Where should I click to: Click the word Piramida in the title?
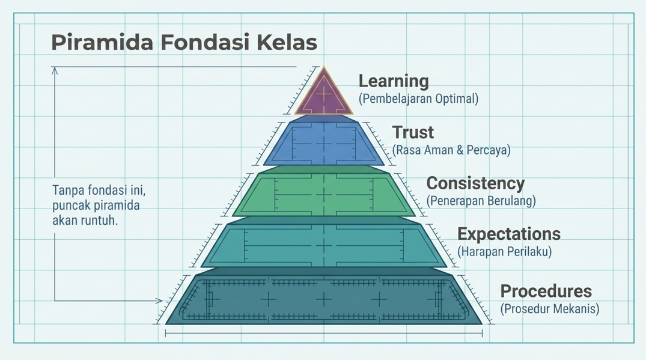pyautogui.click(x=102, y=43)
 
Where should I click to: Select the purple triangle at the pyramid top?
pyautogui.click(x=324, y=93)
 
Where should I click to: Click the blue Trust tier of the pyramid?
pyautogui.click(x=324, y=142)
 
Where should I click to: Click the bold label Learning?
pyautogui.click(x=394, y=81)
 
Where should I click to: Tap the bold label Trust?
pyautogui.click(x=413, y=132)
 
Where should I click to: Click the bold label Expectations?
pyautogui.click(x=509, y=234)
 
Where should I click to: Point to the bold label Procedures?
pyautogui.click(x=546, y=291)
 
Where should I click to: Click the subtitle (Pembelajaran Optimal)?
pyautogui.click(x=419, y=99)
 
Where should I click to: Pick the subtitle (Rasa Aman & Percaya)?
pyautogui.click(x=451, y=150)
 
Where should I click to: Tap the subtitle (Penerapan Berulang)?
pyautogui.click(x=481, y=201)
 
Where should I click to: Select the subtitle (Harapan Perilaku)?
pyautogui.click(x=504, y=251)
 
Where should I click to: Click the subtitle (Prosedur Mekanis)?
pyautogui.click(x=550, y=309)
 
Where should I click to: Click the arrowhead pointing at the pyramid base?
pyautogui.click(x=159, y=301)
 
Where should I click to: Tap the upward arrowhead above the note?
pyautogui.click(x=54, y=71)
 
